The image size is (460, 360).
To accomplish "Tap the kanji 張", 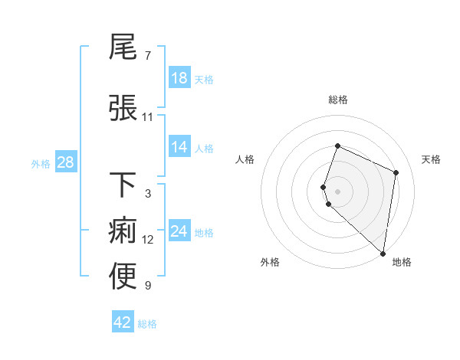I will tap(123, 107).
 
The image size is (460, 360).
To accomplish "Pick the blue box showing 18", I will tap(179, 78).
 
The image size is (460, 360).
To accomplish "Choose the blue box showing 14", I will tap(179, 147).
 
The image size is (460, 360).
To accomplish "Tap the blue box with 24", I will tap(179, 231).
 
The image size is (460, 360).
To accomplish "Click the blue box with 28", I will tap(65, 162).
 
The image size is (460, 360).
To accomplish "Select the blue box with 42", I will tap(123, 322).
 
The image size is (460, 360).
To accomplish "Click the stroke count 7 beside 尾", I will tap(147, 56).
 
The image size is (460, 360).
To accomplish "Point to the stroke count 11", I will tap(148, 117).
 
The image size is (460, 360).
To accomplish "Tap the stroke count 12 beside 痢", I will tap(148, 240).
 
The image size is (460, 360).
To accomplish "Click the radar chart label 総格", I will tap(337, 100).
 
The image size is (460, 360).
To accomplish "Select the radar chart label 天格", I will tap(431, 159).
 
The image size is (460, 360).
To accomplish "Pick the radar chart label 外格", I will tap(270, 262).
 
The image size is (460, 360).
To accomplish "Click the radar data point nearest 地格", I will tap(383, 254).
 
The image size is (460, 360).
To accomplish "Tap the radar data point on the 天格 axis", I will tap(396, 172).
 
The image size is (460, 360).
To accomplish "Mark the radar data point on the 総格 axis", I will tap(337, 146).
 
